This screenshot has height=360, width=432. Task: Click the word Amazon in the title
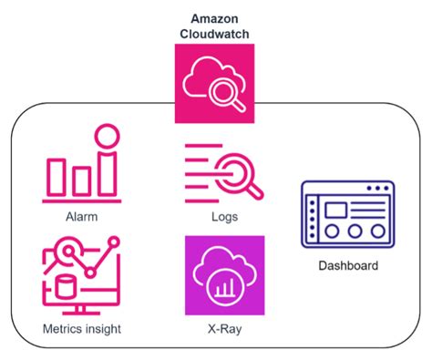pyautogui.click(x=215, y=18)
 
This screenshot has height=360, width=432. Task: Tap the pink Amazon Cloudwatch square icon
pyautogui.click(x=215, y=83)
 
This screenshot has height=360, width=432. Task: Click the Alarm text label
pyautogui.click(x=81, y=217)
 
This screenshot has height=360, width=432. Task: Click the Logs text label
pyautogui.click(x=224, y=217)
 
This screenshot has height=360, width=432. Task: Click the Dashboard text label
pyautogui.click(x=347, y=266)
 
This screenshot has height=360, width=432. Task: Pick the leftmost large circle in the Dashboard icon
pyautogui.click(x=330, y=231)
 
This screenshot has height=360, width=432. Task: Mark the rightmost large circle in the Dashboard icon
pyautogui.click(x=375, y=231)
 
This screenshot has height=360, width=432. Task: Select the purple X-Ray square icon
pyautogui.click(x=224, y=274)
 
